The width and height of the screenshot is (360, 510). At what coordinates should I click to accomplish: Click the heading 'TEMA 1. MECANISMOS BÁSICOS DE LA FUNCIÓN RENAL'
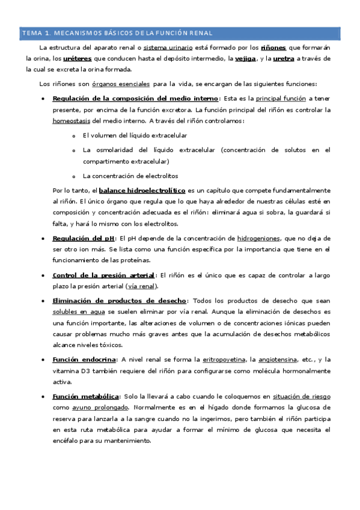117,32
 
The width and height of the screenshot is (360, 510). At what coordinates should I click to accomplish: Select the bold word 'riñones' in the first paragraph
274,47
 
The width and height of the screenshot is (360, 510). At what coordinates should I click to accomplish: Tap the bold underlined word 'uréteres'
78,58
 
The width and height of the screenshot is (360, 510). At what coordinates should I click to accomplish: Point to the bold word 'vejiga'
245,58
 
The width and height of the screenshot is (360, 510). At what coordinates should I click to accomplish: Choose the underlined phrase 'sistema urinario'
169,47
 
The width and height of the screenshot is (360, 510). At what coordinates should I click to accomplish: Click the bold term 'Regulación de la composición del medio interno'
136,98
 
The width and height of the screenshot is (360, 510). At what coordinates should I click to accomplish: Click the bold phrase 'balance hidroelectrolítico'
142,190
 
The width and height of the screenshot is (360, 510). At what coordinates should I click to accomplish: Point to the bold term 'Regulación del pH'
83,239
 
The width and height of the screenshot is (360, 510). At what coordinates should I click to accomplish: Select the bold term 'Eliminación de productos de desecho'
120,301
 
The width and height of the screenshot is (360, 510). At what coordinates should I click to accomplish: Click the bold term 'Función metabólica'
86,396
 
